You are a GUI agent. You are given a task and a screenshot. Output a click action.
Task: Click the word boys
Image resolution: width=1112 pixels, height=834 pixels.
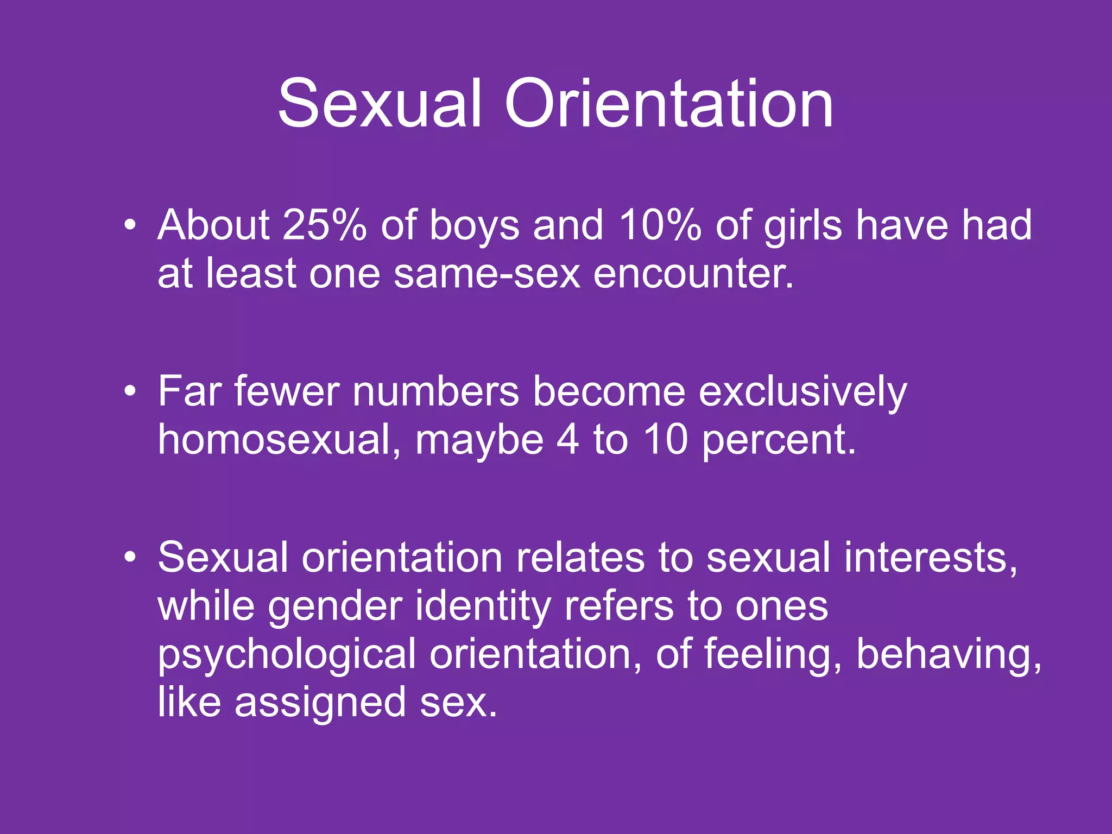(x=475, y=226)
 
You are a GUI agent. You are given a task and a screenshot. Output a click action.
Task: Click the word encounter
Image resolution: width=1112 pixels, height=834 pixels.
(x=693, y=273)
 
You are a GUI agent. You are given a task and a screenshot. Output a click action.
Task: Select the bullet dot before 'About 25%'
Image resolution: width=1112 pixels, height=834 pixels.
(x=129, y=225)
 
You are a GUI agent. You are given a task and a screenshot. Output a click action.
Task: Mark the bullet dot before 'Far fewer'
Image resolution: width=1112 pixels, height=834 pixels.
(x=129, y=391)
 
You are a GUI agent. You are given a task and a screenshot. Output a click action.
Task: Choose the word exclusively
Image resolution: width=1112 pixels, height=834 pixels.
(x=803, y=392)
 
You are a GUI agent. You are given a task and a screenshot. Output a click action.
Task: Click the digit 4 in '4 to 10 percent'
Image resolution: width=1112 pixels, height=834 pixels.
(x=567, y=439)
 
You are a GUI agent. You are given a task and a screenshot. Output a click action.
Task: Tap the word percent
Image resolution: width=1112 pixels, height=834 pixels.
(x=779, y=440)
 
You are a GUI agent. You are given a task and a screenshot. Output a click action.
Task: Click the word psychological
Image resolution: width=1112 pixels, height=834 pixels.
(x=287, y=655)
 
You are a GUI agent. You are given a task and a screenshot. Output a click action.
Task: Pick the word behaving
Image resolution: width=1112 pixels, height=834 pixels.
(x=948, y=655)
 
